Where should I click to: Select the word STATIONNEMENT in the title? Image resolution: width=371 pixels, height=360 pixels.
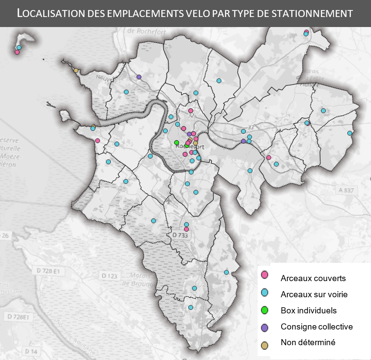pos(310,13)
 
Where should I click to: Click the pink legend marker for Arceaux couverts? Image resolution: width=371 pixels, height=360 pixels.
pos(264,275)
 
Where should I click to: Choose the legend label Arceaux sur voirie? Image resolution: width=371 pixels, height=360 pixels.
pos(314,294)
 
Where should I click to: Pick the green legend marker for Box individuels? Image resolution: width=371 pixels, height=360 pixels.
pos(264,311)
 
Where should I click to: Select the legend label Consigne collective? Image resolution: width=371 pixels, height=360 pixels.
pos(317,326)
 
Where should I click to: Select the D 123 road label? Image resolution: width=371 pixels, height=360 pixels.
pos(109,275)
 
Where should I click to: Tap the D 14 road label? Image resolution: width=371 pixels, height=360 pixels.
pos(31,351)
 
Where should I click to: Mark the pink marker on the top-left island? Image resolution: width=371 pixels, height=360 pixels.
pos(17,52)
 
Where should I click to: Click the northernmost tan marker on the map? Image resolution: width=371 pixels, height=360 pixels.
pos(76,70)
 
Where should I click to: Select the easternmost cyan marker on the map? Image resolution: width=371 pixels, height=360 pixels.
pos(350,133)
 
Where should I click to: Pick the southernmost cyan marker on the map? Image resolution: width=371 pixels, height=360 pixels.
pos(191,307)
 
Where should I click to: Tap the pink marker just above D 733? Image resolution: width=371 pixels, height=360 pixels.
pos(187,229)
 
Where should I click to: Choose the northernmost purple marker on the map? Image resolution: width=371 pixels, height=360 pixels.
pos(139,77)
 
